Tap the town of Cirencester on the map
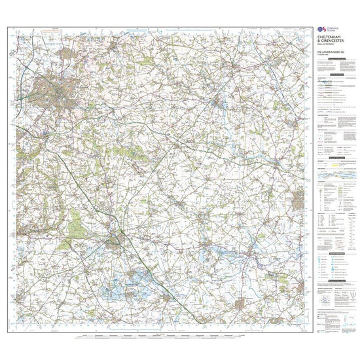pos(120,240)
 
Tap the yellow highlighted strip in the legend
pos(336,175)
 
